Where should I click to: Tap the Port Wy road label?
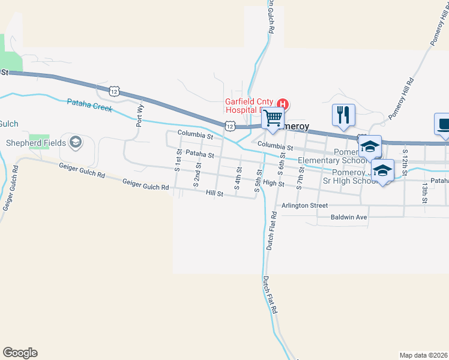coord(140,115)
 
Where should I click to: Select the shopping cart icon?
coord(273,118)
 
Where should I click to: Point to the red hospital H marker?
coord(284,103)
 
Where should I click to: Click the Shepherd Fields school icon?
coord(75,142)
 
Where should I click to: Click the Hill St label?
coord(214,193)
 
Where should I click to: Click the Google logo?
coord(20,353)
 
